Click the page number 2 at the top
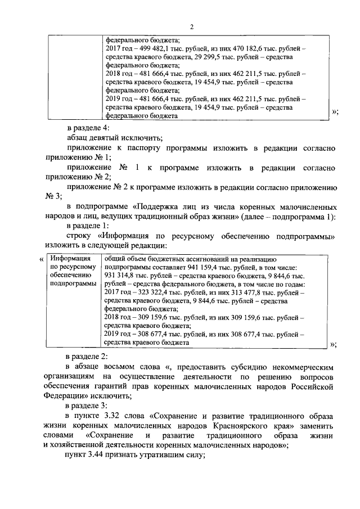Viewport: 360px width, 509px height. (x=192, y=26)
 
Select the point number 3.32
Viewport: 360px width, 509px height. (x=114, y=416)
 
